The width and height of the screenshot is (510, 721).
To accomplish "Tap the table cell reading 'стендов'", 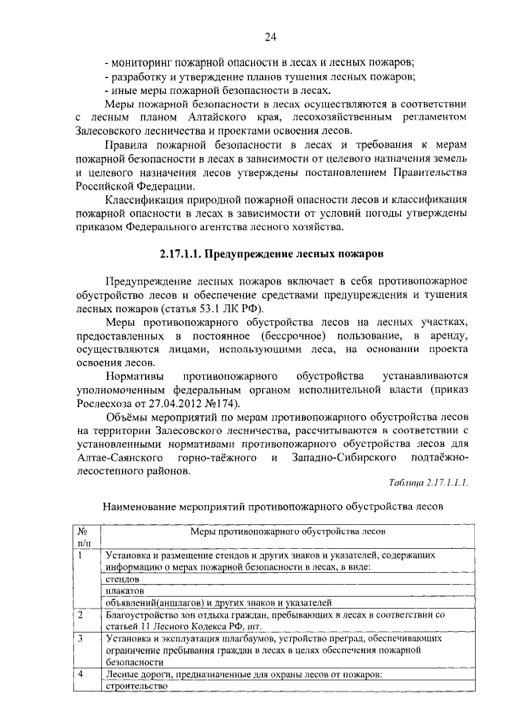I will coord(121,579).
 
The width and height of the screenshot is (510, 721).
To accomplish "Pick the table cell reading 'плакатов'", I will coord(124,591).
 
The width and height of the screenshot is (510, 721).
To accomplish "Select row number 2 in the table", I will coord(80,616).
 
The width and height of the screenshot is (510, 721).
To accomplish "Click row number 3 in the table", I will coord(80,639).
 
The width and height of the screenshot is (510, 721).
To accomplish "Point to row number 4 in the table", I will coord(80,674).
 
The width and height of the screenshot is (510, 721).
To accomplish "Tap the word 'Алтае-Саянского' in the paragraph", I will coord(116,458).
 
